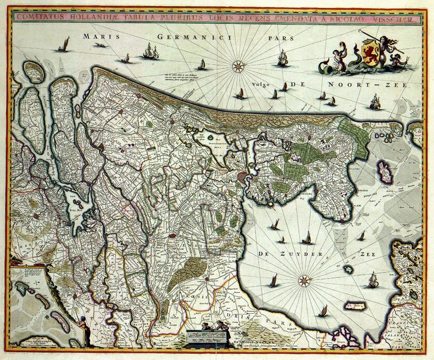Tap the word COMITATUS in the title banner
click(41, 17)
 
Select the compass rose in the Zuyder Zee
click(305, 279)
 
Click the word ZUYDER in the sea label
click(295, 255)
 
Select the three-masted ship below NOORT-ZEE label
click(375, 102)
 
